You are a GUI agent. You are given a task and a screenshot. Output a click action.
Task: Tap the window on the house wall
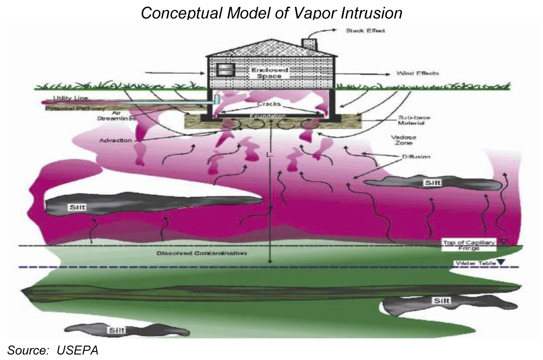(223, 71)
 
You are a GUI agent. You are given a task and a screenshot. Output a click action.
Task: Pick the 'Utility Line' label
(64, 98)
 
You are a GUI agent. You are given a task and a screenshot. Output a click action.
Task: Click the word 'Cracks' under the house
(269, 104)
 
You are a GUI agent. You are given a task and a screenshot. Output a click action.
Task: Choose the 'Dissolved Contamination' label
(201, 253)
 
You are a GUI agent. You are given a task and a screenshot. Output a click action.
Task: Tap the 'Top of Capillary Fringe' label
(469, 245)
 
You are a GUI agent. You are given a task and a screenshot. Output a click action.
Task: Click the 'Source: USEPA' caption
(52, 350)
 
